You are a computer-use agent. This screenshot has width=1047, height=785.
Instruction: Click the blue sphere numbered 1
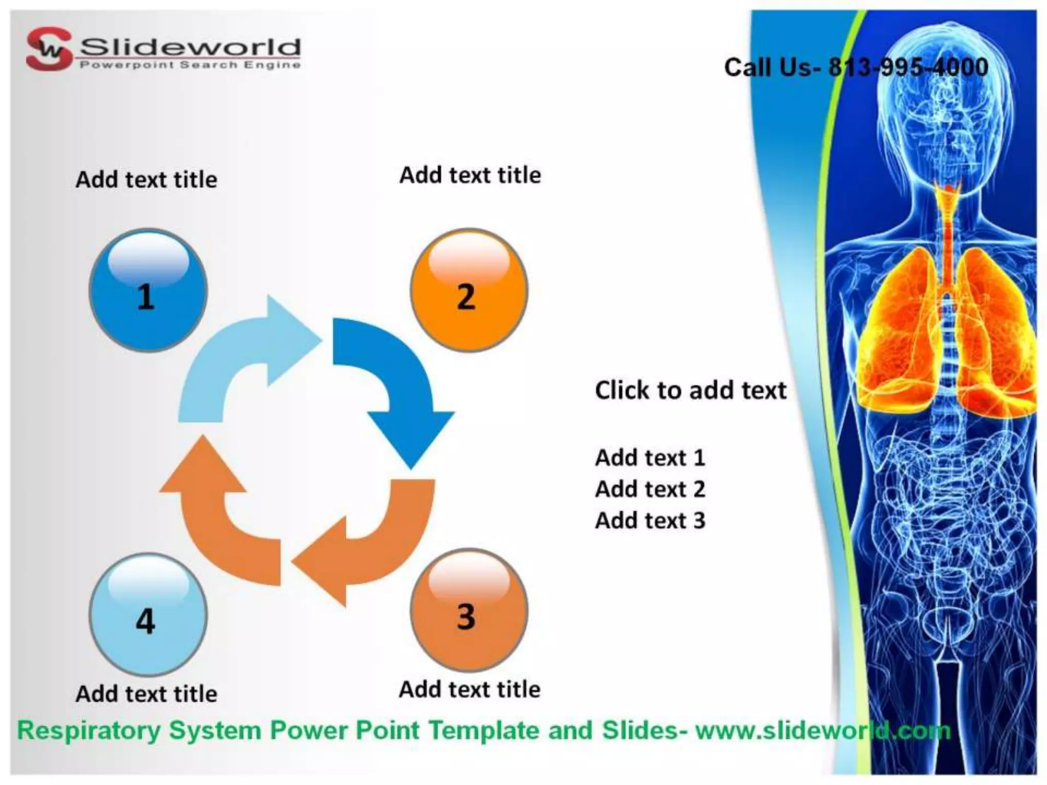click(x=148, y=290)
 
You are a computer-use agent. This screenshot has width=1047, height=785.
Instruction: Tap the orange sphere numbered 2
click(x=469, y=290)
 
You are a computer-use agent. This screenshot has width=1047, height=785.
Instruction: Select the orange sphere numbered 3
click(x=469, y=610)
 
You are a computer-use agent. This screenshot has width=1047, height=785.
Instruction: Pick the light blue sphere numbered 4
click(x=148, y=615)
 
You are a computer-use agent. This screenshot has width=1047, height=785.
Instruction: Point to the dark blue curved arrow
click(x=399, y=383)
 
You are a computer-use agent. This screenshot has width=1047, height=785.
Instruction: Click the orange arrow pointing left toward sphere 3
click(x=368, y=542)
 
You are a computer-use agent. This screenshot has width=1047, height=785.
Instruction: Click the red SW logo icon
click(x=49, y=49)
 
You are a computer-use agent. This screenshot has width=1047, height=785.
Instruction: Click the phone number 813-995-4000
click(x=908, y=67)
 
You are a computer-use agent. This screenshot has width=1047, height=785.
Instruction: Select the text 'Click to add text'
click(x=690, y=390)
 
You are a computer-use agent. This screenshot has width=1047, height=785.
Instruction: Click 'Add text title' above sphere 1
click(x=146, y=180)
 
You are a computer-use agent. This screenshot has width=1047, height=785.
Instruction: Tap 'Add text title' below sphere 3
click(x=469, y=689)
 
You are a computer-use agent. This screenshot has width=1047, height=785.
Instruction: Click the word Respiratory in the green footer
click(x=89, y=730)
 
